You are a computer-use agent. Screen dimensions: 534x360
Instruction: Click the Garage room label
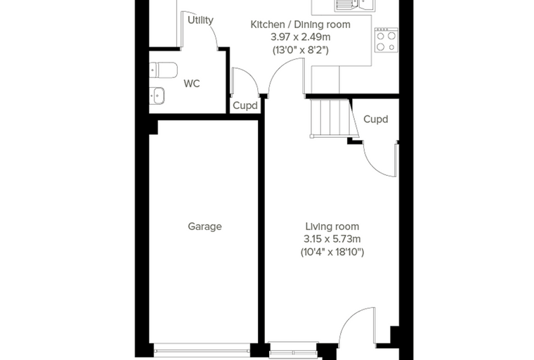(204, 226)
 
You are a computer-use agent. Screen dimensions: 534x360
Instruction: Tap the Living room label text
(332, 226)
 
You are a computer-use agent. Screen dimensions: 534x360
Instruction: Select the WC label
(192, 84)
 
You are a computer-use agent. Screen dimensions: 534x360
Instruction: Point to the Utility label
(200, 20)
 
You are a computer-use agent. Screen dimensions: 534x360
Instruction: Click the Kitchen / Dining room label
(301, 25)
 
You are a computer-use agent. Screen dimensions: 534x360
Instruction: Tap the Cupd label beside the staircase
(376, 120)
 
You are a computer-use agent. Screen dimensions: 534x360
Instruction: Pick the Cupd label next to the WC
(245, 105)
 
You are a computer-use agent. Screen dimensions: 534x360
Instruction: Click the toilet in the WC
(164, 70)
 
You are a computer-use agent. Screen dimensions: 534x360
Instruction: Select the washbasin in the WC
(157, 96)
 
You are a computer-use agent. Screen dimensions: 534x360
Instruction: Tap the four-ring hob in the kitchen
(386, 40)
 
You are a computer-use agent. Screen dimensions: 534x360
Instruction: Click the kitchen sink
(355, 5)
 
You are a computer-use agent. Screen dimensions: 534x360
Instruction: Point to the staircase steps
(330, 117)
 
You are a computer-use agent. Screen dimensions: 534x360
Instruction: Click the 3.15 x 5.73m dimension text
(332, 239)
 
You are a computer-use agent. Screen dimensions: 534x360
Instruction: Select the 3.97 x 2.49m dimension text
(301, 37)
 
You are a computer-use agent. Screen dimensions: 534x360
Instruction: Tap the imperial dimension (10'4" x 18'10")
(332, 252)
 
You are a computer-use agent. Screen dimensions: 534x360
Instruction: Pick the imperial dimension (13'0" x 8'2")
(301, 50)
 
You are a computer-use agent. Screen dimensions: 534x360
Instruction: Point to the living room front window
(293, 351)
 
